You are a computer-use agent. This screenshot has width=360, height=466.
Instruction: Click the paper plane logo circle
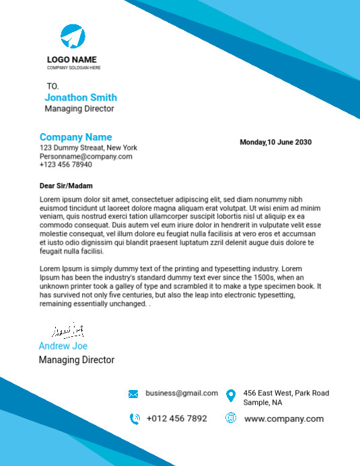73,36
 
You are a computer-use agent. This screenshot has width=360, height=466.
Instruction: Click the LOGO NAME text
71,59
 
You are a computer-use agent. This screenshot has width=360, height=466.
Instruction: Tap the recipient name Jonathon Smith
81,98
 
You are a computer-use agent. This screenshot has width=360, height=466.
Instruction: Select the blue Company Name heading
75,137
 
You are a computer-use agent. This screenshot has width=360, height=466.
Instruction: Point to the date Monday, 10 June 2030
276,143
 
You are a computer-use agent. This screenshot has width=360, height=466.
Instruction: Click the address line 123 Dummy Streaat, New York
88,148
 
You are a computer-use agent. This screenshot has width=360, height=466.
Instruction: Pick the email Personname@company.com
85,156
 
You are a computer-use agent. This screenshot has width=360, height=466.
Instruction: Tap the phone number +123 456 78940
66,164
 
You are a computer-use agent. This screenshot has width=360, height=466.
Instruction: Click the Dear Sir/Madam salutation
66,186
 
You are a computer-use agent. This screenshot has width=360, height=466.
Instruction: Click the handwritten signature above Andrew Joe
68,331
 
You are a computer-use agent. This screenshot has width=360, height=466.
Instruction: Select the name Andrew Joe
63,346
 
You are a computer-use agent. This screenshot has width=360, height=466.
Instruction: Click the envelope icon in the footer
133,394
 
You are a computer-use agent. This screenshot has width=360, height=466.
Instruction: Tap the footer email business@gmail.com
182,393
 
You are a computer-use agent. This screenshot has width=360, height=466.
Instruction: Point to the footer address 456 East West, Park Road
286,393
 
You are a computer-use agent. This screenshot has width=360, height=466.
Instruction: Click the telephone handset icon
134,418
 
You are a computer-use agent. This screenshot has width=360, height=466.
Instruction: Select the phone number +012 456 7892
177,418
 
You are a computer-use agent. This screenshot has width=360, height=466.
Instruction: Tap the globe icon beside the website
231,418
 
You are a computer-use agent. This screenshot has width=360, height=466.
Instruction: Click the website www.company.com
284,418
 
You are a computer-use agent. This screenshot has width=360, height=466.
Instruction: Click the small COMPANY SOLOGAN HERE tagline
74,68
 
